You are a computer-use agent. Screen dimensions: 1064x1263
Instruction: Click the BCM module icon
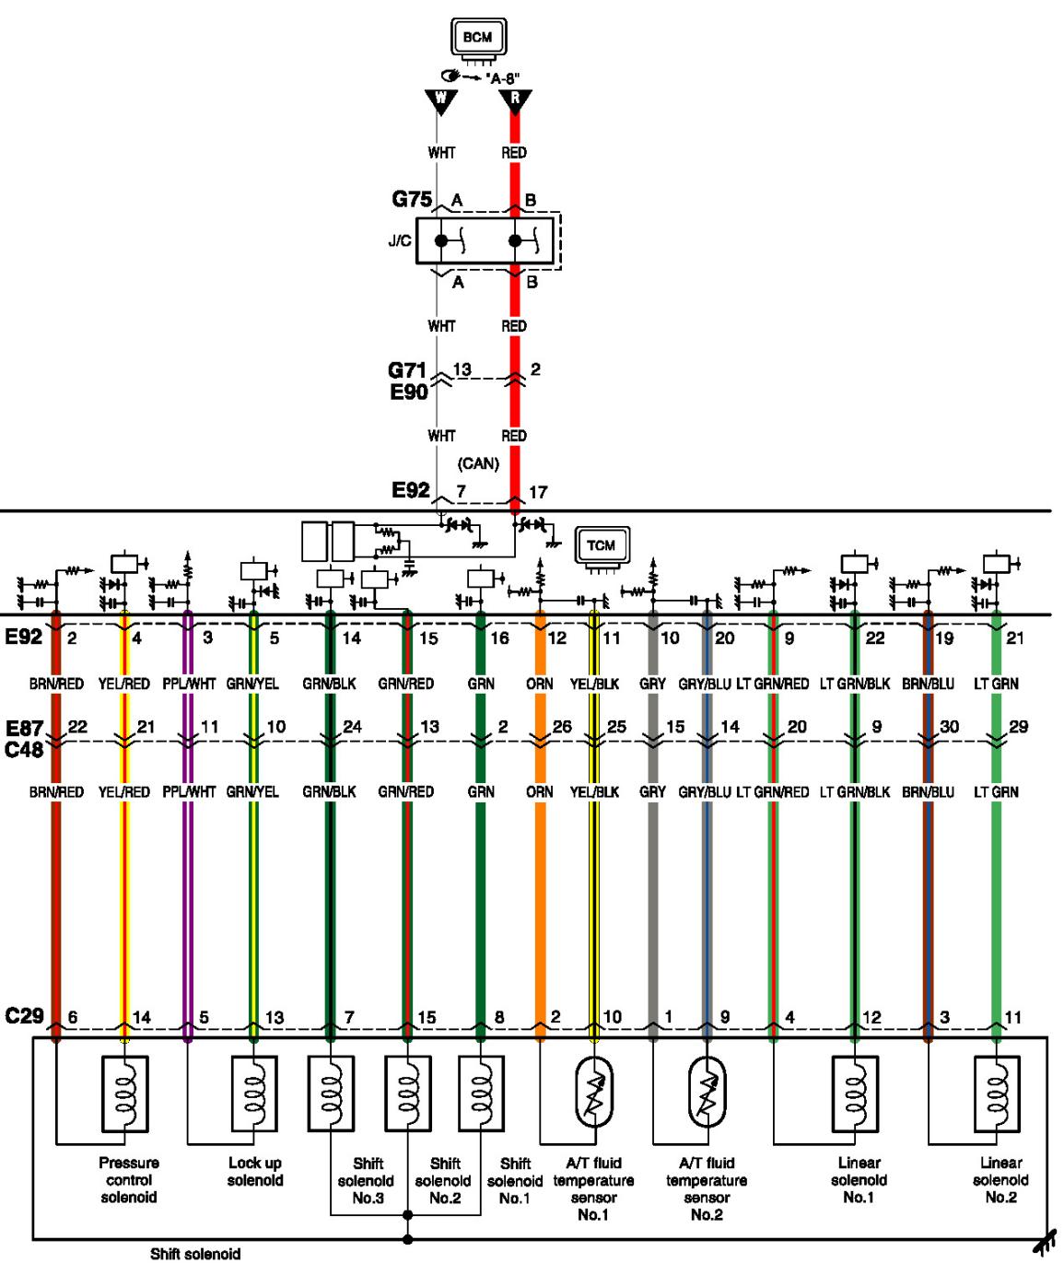pyautogui.click(x=478, y=41)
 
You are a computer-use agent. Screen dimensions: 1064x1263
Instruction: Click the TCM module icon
pyautogui.click(x=602, y=549)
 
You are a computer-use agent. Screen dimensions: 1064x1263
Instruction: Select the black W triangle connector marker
pyautogui.click(x=441, y=101)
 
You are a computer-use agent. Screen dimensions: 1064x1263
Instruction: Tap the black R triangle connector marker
pyautogui.click(x=515, y=101)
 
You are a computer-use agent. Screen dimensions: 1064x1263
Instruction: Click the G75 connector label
pyautogui.click(x=412, y=199)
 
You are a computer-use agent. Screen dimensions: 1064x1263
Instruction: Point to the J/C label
pyautogui.click(x=400, y=240)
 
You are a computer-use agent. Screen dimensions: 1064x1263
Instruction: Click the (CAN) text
pyautogui.click(x=478, y=463)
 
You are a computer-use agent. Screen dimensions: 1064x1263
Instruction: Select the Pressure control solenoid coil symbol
pyautogui.click(x=124, y=1094)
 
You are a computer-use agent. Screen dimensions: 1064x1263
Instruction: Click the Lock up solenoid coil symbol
pyautogui.click(x=254, y=1094)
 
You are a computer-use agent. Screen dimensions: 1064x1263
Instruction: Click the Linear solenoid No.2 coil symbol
pyautogui.click(x=997, y=1094)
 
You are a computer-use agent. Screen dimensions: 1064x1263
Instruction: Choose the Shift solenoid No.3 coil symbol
pyautogui.click(x=331, y=1094)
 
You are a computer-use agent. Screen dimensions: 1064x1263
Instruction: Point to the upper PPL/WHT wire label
pyautogui.click(x=189, y=684)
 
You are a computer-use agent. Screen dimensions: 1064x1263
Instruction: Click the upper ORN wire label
pyautogui.click(x=540, y=684)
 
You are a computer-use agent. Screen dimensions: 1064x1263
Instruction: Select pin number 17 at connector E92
pyautogui.click(x=538, y=492)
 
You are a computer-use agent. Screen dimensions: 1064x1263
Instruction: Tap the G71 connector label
pyautogui.click(x=407, y=370)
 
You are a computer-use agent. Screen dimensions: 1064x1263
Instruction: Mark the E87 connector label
pyautogui.click(x=24, y=729)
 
